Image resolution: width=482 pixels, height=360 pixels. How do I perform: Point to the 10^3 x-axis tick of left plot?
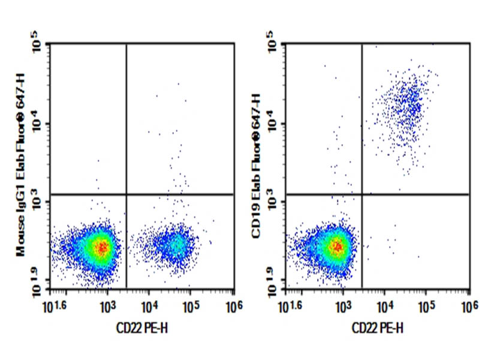click(x=107, y=307)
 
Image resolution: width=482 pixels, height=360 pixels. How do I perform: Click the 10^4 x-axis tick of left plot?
click(x=149, y=307)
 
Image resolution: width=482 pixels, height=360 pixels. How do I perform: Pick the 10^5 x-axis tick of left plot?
click(x=191, y=307)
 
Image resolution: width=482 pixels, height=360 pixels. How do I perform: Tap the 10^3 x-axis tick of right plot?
click(x=342, y=307)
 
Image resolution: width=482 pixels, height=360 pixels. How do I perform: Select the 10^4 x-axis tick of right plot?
click(x=384, y=307)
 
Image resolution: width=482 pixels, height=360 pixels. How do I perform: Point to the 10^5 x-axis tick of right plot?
click(x=426, y=307)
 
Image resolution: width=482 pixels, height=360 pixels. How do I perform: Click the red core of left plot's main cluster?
click(x=103, y=246)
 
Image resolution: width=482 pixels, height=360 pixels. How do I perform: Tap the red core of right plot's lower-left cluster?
click(x=338, y=246)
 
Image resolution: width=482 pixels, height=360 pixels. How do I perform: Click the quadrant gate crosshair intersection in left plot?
click(x=126, y=194)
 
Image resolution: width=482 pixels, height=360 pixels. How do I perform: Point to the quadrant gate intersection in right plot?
click(x=361, y=194)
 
